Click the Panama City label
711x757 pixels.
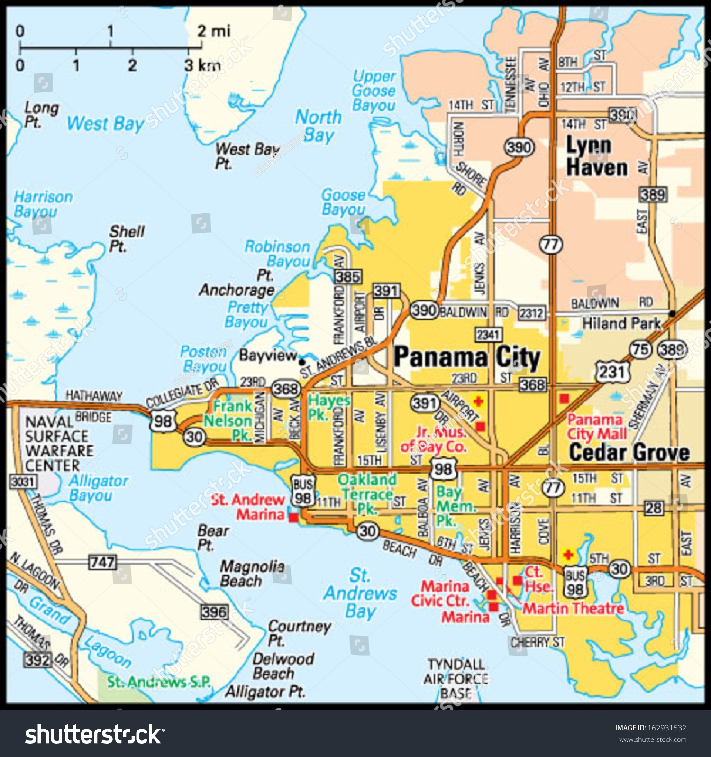467,357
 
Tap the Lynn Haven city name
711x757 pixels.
597,156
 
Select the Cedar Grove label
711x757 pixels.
629,453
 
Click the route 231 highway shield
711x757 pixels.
612,372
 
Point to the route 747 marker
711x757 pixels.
102,562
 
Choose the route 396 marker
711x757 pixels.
214,611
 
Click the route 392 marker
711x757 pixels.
37,659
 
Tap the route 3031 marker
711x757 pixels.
23,482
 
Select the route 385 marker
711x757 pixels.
348,276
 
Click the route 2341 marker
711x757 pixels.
488,335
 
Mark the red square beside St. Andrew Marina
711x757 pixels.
293,518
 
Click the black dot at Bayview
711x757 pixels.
301,361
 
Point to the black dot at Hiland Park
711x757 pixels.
672,313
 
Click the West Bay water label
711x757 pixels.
105,124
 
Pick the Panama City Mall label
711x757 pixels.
596,427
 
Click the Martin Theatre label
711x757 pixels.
573,608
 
